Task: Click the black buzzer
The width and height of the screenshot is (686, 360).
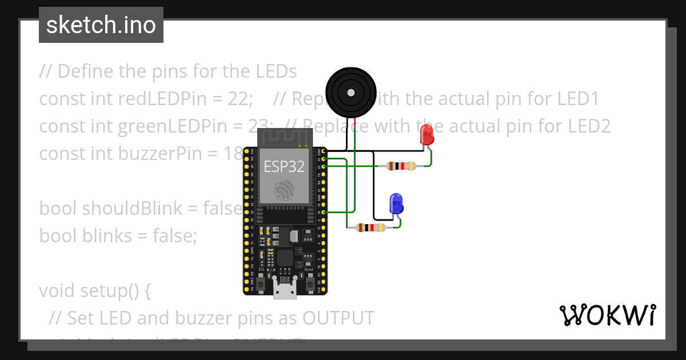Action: (351, 92)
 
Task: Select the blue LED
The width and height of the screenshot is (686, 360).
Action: (396, 203)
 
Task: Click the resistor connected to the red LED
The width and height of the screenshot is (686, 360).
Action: (400, 166)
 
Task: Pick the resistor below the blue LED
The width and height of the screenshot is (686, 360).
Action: (370, 227)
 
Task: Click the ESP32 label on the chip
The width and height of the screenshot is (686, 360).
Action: (284, 166)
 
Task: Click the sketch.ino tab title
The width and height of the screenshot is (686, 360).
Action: (101, 25)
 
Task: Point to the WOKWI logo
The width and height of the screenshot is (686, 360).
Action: (607, 315)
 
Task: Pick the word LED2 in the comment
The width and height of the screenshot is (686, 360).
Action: (590, 126)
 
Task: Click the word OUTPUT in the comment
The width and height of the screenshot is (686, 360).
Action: (338, 318)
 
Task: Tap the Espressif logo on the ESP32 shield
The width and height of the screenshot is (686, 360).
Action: (284, 190)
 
